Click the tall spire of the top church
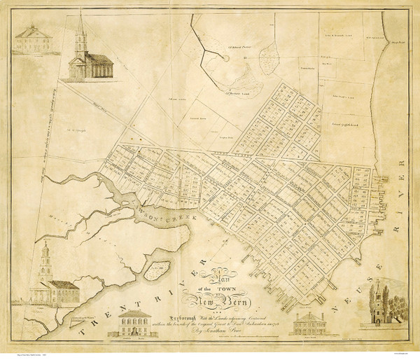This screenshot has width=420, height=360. [x=80, y=28]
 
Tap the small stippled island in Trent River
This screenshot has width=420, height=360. [x=160, y=268]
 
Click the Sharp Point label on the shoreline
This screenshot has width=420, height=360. [x=395, y=41]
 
